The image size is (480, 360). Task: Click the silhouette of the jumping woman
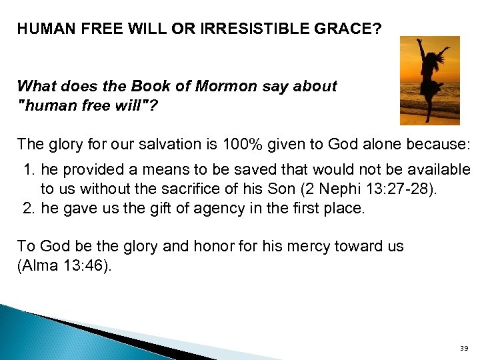[x=429, y=79]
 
